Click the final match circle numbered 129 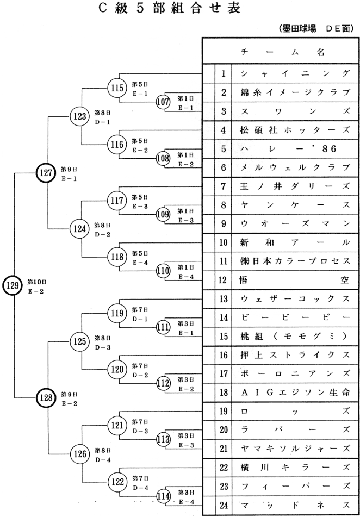tap(12, 284)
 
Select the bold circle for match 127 tap(46, 172)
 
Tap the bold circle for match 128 tap(46, 397)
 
